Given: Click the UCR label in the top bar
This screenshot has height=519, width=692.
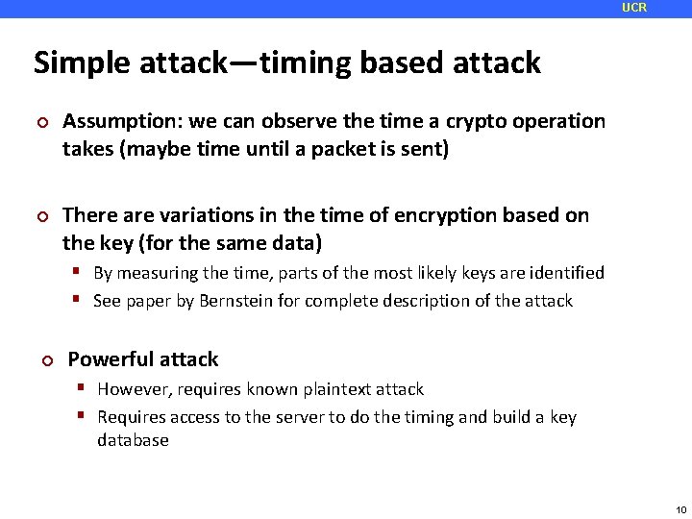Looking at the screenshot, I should pos(634,8).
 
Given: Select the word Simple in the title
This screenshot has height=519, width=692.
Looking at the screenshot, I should pos(80,63).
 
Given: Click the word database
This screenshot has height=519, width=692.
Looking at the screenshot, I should pos(133,440).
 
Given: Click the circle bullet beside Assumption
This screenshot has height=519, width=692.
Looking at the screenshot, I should pos(42,122).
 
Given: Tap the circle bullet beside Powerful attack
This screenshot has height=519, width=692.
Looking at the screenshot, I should pos(46,360).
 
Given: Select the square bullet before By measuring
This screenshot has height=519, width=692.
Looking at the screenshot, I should pos(81,273).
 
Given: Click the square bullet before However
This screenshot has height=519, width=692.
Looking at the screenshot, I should pos(85,389).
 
